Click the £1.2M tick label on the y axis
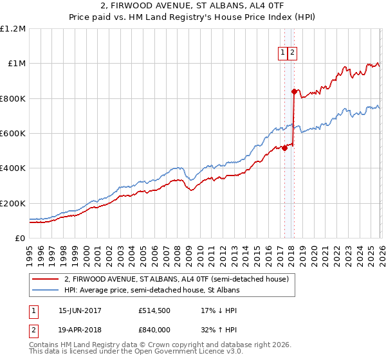coord(13,29)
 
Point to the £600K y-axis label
coord(13,134)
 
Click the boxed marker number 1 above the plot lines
coord(282,54)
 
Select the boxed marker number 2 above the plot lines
coord(292,54)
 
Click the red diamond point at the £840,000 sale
coord(294,91)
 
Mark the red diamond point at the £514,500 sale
coord(284,148)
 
